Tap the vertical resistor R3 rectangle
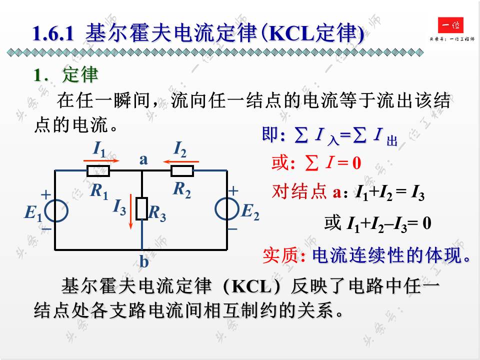[x=142, y=208]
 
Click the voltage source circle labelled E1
[x=55, y=210]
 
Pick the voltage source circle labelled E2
[x=227, y=210]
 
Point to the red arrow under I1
[x=102, y=161]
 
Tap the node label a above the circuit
[x=143, y=159]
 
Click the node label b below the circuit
[x=143, y=261]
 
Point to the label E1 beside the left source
[x=34, y=213]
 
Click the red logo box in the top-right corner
[x=450, y=25]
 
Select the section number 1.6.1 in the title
[x=53, y=33]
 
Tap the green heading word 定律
[x=80, y=75]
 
